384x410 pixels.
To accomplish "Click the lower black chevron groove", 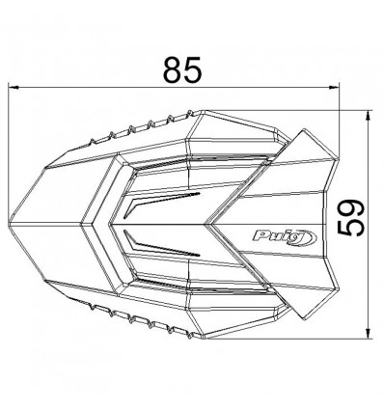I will tap(159, 243).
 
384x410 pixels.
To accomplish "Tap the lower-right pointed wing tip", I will tap(304, 322).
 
